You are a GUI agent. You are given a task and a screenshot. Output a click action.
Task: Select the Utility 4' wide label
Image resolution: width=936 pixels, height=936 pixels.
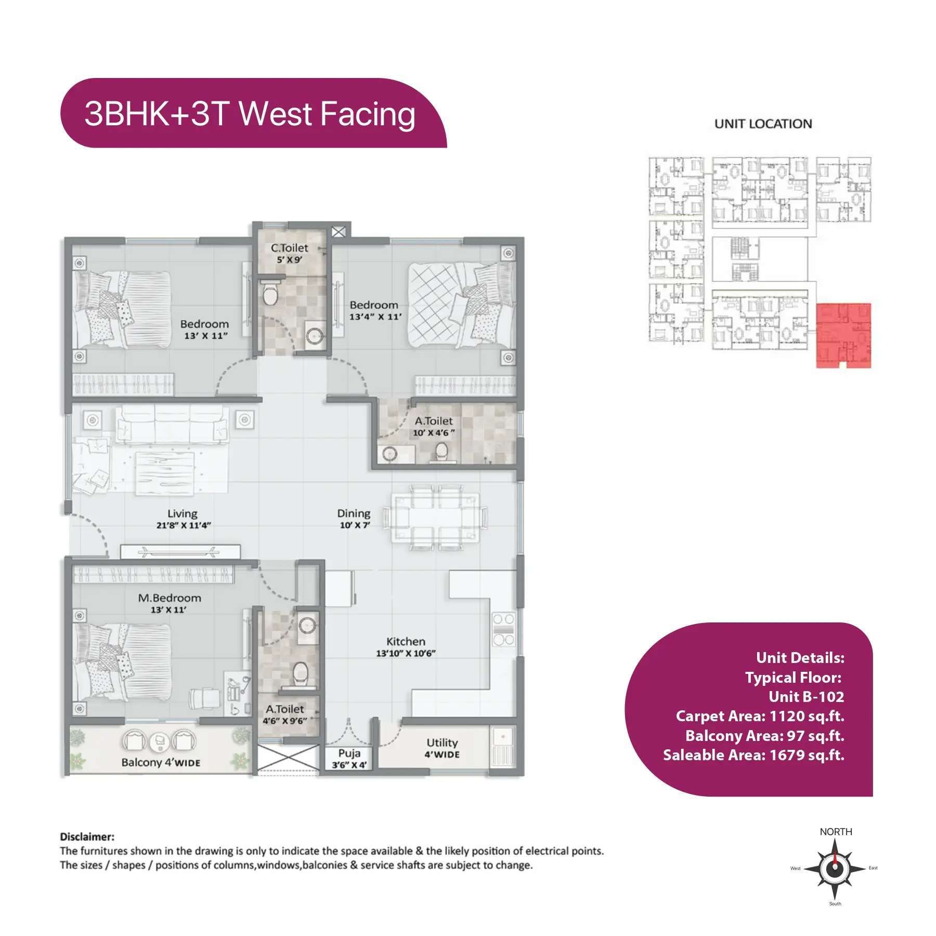point(442,748)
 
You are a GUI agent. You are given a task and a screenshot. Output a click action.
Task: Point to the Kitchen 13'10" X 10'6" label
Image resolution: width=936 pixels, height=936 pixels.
point(406,647)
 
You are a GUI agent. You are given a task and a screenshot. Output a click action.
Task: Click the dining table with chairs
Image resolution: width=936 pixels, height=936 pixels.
point(436,518)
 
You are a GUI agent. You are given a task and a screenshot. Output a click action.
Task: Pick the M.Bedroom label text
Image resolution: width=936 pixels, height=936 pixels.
point(170,598)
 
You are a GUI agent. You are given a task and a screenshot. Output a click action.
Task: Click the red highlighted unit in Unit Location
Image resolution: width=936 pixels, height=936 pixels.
point(843,335)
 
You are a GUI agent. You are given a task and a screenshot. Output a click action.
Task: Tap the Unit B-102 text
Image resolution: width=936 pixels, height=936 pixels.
point(806,697)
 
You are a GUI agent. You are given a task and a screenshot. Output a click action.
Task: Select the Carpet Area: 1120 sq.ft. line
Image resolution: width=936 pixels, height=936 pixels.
point(760,716)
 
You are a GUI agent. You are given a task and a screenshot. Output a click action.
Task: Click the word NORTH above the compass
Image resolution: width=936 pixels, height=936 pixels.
point(836,831)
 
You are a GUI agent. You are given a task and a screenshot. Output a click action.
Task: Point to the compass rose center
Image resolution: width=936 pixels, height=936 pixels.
point(835,868)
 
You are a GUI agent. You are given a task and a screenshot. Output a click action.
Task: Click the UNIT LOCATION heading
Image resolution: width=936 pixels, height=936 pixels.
point(763,124)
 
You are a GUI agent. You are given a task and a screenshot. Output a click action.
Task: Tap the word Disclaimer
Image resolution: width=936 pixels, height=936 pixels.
point(87,837)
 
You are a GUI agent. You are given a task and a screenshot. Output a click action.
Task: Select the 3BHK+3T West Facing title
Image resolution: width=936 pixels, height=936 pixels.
point(250,114)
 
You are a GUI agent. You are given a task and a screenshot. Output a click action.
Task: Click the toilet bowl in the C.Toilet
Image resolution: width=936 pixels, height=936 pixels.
point(270,293)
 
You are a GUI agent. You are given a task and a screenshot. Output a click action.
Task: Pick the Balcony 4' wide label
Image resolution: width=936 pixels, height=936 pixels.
point(161,762)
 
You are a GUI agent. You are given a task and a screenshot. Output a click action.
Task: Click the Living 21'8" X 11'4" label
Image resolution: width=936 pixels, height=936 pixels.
point(183,519)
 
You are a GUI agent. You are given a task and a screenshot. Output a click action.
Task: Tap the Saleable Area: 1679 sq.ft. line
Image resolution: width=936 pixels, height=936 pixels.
point(753,755)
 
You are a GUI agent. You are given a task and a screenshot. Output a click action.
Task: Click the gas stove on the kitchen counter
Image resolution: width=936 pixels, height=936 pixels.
point(503,629)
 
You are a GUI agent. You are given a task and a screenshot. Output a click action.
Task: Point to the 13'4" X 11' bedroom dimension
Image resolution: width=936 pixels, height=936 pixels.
point(375,317)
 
